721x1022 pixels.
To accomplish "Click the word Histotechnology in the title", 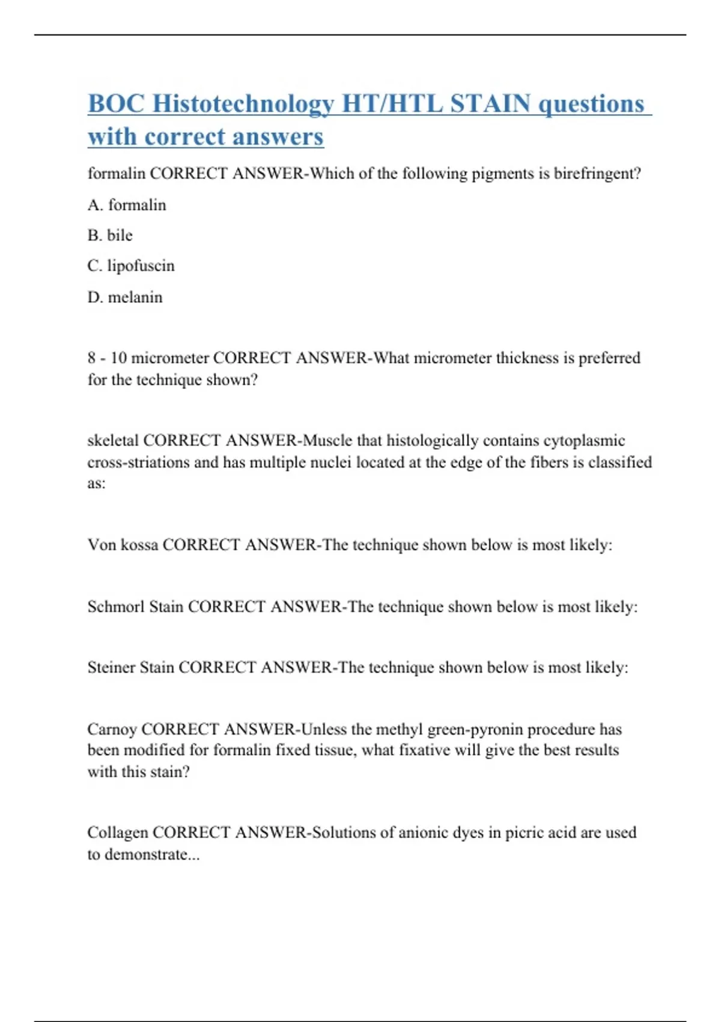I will [x=243, y=104].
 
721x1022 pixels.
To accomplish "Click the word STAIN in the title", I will [x=490, y=104].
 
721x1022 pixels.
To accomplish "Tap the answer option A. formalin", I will [x=127, y=205].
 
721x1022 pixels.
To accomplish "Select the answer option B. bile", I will [x=110, y=235].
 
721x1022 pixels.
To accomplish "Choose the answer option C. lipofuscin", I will [x=131, y=266].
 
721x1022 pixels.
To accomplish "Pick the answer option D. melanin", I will [x=125, y=297].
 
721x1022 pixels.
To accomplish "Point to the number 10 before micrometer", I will [x=118, y=358].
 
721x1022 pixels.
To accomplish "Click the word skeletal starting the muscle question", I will [x=113, y=441].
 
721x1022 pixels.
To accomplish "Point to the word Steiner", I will [x=111, y=667].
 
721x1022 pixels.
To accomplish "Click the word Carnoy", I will [x=112, y=729].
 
